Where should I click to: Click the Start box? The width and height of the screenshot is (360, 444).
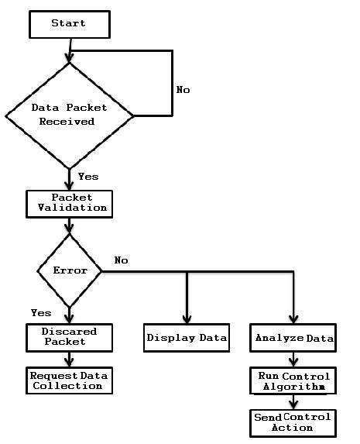[x=69, y=23]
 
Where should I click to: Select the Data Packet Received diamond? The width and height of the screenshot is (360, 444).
[x=70, y=115]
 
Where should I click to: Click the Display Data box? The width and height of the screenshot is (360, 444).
[x=187, y=338]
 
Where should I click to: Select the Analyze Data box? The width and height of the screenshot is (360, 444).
[x=294, y=338]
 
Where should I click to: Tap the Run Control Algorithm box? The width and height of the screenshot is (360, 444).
[x=294, y=380]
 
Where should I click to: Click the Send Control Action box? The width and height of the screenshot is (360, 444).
[x=293, y=422]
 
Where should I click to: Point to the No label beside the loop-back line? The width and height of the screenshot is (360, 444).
[x=183, y=90]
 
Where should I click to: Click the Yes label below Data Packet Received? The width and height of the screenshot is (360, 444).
[x=88, y=177]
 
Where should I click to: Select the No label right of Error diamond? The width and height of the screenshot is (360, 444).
[x=121, y=260]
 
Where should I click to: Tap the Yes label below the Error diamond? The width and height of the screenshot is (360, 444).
[x=40, y=313]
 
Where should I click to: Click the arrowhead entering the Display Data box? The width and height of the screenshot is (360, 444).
[x=187, y=319]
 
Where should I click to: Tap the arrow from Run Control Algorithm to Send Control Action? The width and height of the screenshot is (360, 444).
[x=294, y=402]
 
